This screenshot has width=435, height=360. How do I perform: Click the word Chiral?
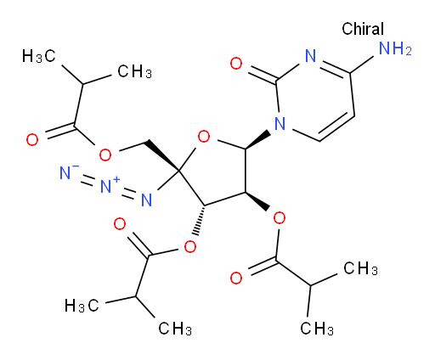coord(363,29)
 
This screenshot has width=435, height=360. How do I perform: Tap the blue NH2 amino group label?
coord(395,48)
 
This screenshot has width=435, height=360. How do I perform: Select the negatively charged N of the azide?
coord(66,172)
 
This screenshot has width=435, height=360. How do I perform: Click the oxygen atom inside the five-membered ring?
coord(204,137)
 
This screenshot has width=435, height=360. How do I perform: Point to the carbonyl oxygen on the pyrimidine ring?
coord(236,63)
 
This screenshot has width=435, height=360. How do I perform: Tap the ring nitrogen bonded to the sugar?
coord(280,123)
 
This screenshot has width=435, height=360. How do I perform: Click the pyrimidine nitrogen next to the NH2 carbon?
coord(310,56)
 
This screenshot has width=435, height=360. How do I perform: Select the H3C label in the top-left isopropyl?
coord(38,56)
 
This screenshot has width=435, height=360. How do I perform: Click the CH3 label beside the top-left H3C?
coord(135,71)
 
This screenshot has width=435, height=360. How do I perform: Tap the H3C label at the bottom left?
coord(82,306)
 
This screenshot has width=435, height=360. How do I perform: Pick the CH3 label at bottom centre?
coord(175,329)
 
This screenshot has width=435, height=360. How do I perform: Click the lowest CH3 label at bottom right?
coord(317,329)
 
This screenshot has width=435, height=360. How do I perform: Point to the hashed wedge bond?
coord(200,220)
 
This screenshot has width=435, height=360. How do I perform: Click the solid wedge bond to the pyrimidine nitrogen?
coord(257,139)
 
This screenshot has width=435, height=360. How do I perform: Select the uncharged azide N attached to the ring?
coord(147,200)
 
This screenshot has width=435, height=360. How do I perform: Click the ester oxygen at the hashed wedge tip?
coord(189,247)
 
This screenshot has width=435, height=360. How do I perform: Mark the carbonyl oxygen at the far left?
coord(32,140)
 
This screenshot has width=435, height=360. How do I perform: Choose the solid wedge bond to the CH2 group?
coord(161,155)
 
